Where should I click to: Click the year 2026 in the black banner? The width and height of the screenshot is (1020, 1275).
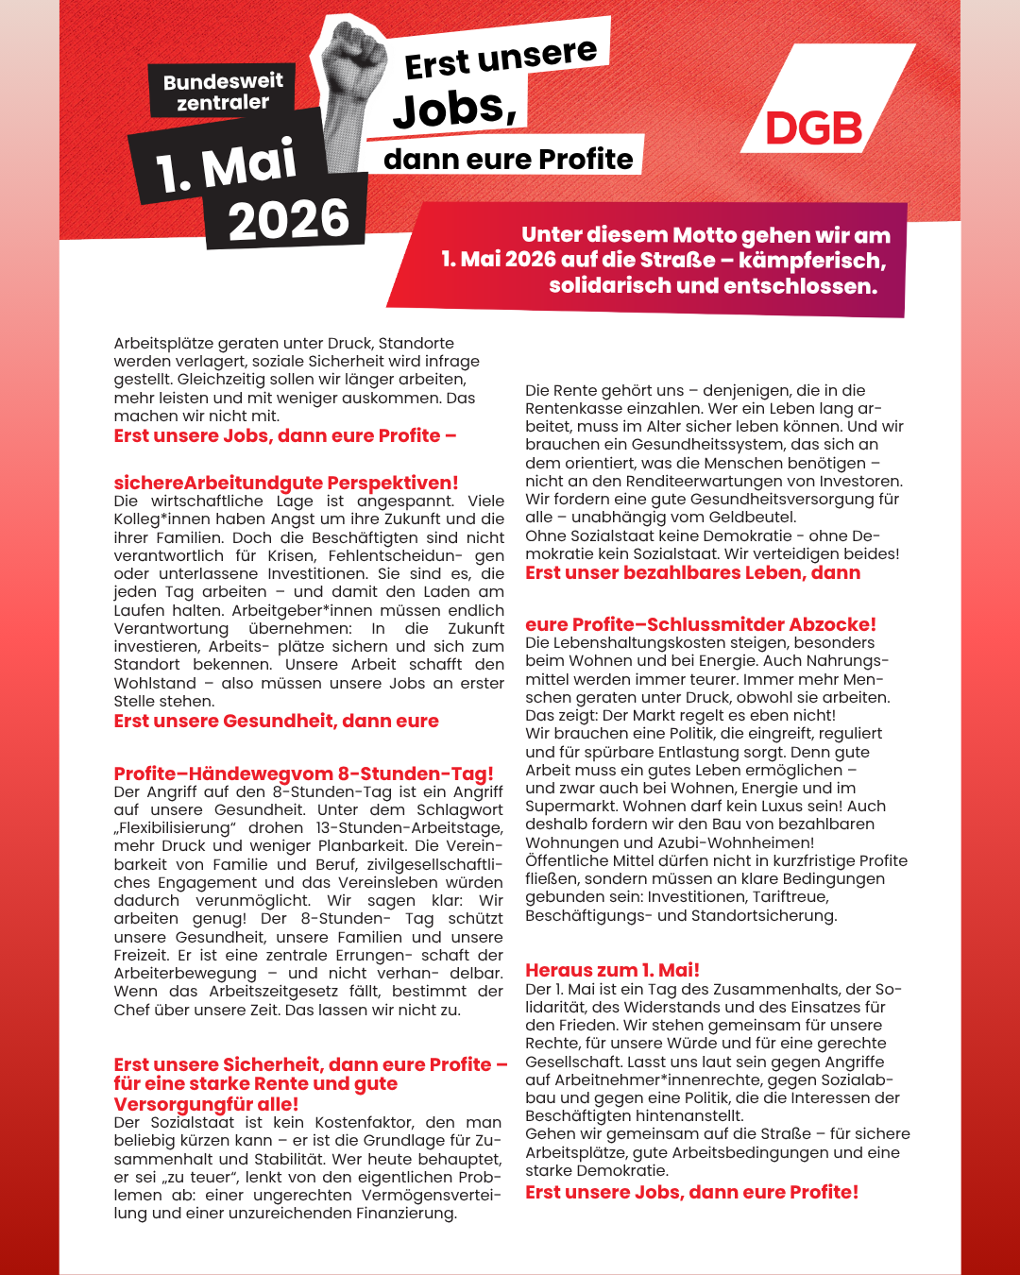[288, 220]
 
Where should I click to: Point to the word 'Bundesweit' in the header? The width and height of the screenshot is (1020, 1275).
[223, 82]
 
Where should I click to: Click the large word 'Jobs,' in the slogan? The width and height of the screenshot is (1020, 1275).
[455, 109]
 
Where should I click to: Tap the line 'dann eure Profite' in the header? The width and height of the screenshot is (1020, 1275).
[508, 159]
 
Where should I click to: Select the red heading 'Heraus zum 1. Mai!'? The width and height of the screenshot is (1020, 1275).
[612, 970]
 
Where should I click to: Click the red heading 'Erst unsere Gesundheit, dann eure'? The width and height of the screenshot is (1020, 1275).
[276, 721]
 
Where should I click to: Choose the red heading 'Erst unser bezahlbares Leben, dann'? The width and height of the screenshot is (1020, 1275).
[692, 572]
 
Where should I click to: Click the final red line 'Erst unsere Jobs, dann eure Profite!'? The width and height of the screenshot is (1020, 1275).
[691, 1192]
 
